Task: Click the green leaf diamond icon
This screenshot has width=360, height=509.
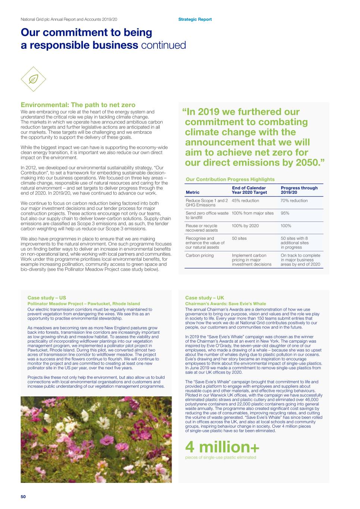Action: tap(33, 79)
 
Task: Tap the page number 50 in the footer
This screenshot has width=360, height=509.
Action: tap(23, 497)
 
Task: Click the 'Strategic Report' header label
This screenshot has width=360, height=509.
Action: tap(195, 19)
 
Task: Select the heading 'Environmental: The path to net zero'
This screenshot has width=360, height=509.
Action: tap(78, 105)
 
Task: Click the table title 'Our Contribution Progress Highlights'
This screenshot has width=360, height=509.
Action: tap(230, 179)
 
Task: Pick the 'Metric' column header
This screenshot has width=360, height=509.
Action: tap(192, 192)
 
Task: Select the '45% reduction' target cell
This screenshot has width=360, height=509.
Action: tap(245, 201)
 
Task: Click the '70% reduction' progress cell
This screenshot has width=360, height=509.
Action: tap(294, 201)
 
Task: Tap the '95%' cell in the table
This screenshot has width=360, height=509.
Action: tap(285, 213)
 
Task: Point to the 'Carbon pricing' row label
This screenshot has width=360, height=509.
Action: tap(200, 255)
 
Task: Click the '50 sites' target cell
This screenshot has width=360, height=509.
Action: tap(239, 238)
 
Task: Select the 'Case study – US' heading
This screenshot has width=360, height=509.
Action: tap(47, 298)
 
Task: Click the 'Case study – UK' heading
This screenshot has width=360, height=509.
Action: tap(204, 298)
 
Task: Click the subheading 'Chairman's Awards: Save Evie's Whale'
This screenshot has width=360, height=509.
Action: tap(225, 304)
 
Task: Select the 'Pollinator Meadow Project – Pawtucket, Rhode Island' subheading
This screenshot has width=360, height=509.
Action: tap(84, 304)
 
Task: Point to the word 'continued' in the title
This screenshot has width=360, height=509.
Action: tap(163, 45)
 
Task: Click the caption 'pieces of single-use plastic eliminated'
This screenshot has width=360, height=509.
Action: tap(220, 458)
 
